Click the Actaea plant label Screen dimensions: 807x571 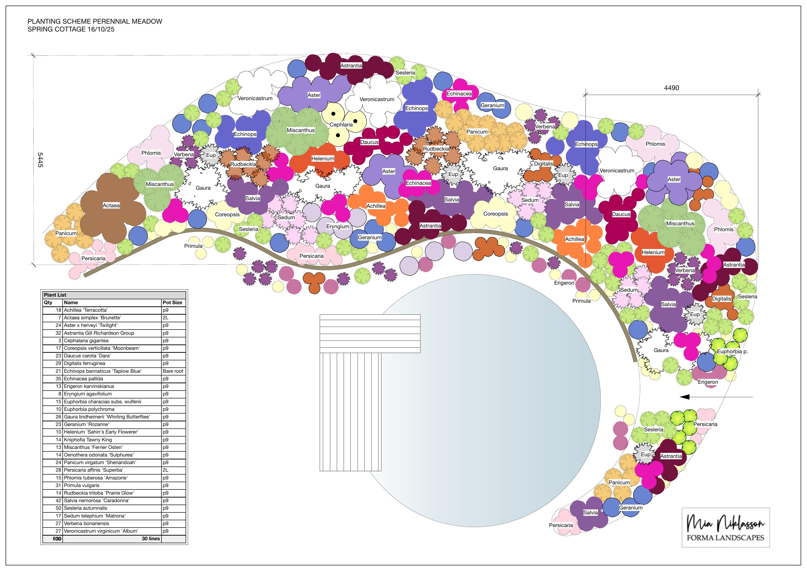[x=111, y=206]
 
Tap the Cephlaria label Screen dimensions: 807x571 [x=341, y=125]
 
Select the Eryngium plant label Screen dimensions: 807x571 [x=338, y=227]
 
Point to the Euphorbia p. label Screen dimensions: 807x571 [x=732, y=352]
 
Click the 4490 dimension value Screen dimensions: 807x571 [x=671, y=88]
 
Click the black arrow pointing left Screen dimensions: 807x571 [x=716, y=397]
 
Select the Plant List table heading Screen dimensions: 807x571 [x=55, y=295]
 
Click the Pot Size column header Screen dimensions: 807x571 [x=172, y=302]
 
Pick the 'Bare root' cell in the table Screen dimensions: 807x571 [x=173, y=371]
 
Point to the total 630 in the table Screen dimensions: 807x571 [x=57, y=539]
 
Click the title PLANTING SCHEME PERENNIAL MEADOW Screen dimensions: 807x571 [x=95, y=21]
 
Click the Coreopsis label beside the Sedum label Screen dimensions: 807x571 [x=496, y=214]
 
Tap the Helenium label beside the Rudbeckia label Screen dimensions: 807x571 [x=323, y=159]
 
